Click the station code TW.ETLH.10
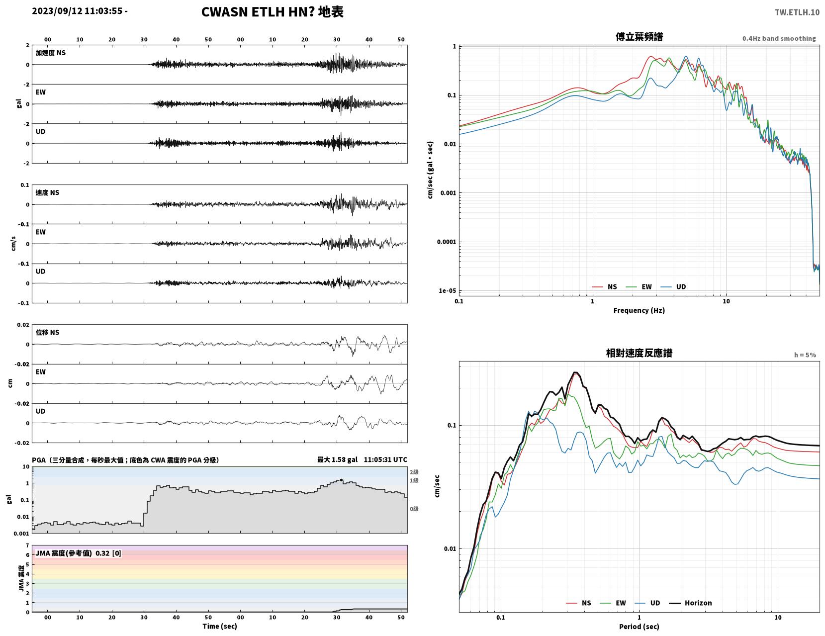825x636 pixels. point(797,12)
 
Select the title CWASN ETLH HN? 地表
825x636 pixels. point(272,12)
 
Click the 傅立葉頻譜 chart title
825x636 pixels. point(639,37)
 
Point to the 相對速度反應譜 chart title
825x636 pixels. point(639,353)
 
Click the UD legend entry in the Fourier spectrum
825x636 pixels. point(673,286)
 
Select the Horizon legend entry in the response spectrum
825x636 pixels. point(690,603)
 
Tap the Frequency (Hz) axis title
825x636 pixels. point(639,310)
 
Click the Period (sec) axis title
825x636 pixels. point(639,626)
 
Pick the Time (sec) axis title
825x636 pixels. point(219,626)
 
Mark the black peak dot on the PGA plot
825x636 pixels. point(341,480)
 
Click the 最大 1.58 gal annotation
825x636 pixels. point(337,459)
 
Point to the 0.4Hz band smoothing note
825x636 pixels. point(779,38)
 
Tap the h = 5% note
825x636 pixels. point(805,355)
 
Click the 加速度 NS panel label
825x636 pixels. point(51,53)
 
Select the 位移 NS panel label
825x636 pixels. point(47,332)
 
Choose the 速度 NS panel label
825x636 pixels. point(47,192)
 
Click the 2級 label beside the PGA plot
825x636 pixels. point(414,472)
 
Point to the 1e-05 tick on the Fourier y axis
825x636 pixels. point(447,291)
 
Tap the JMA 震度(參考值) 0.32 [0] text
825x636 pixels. point(78,553)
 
